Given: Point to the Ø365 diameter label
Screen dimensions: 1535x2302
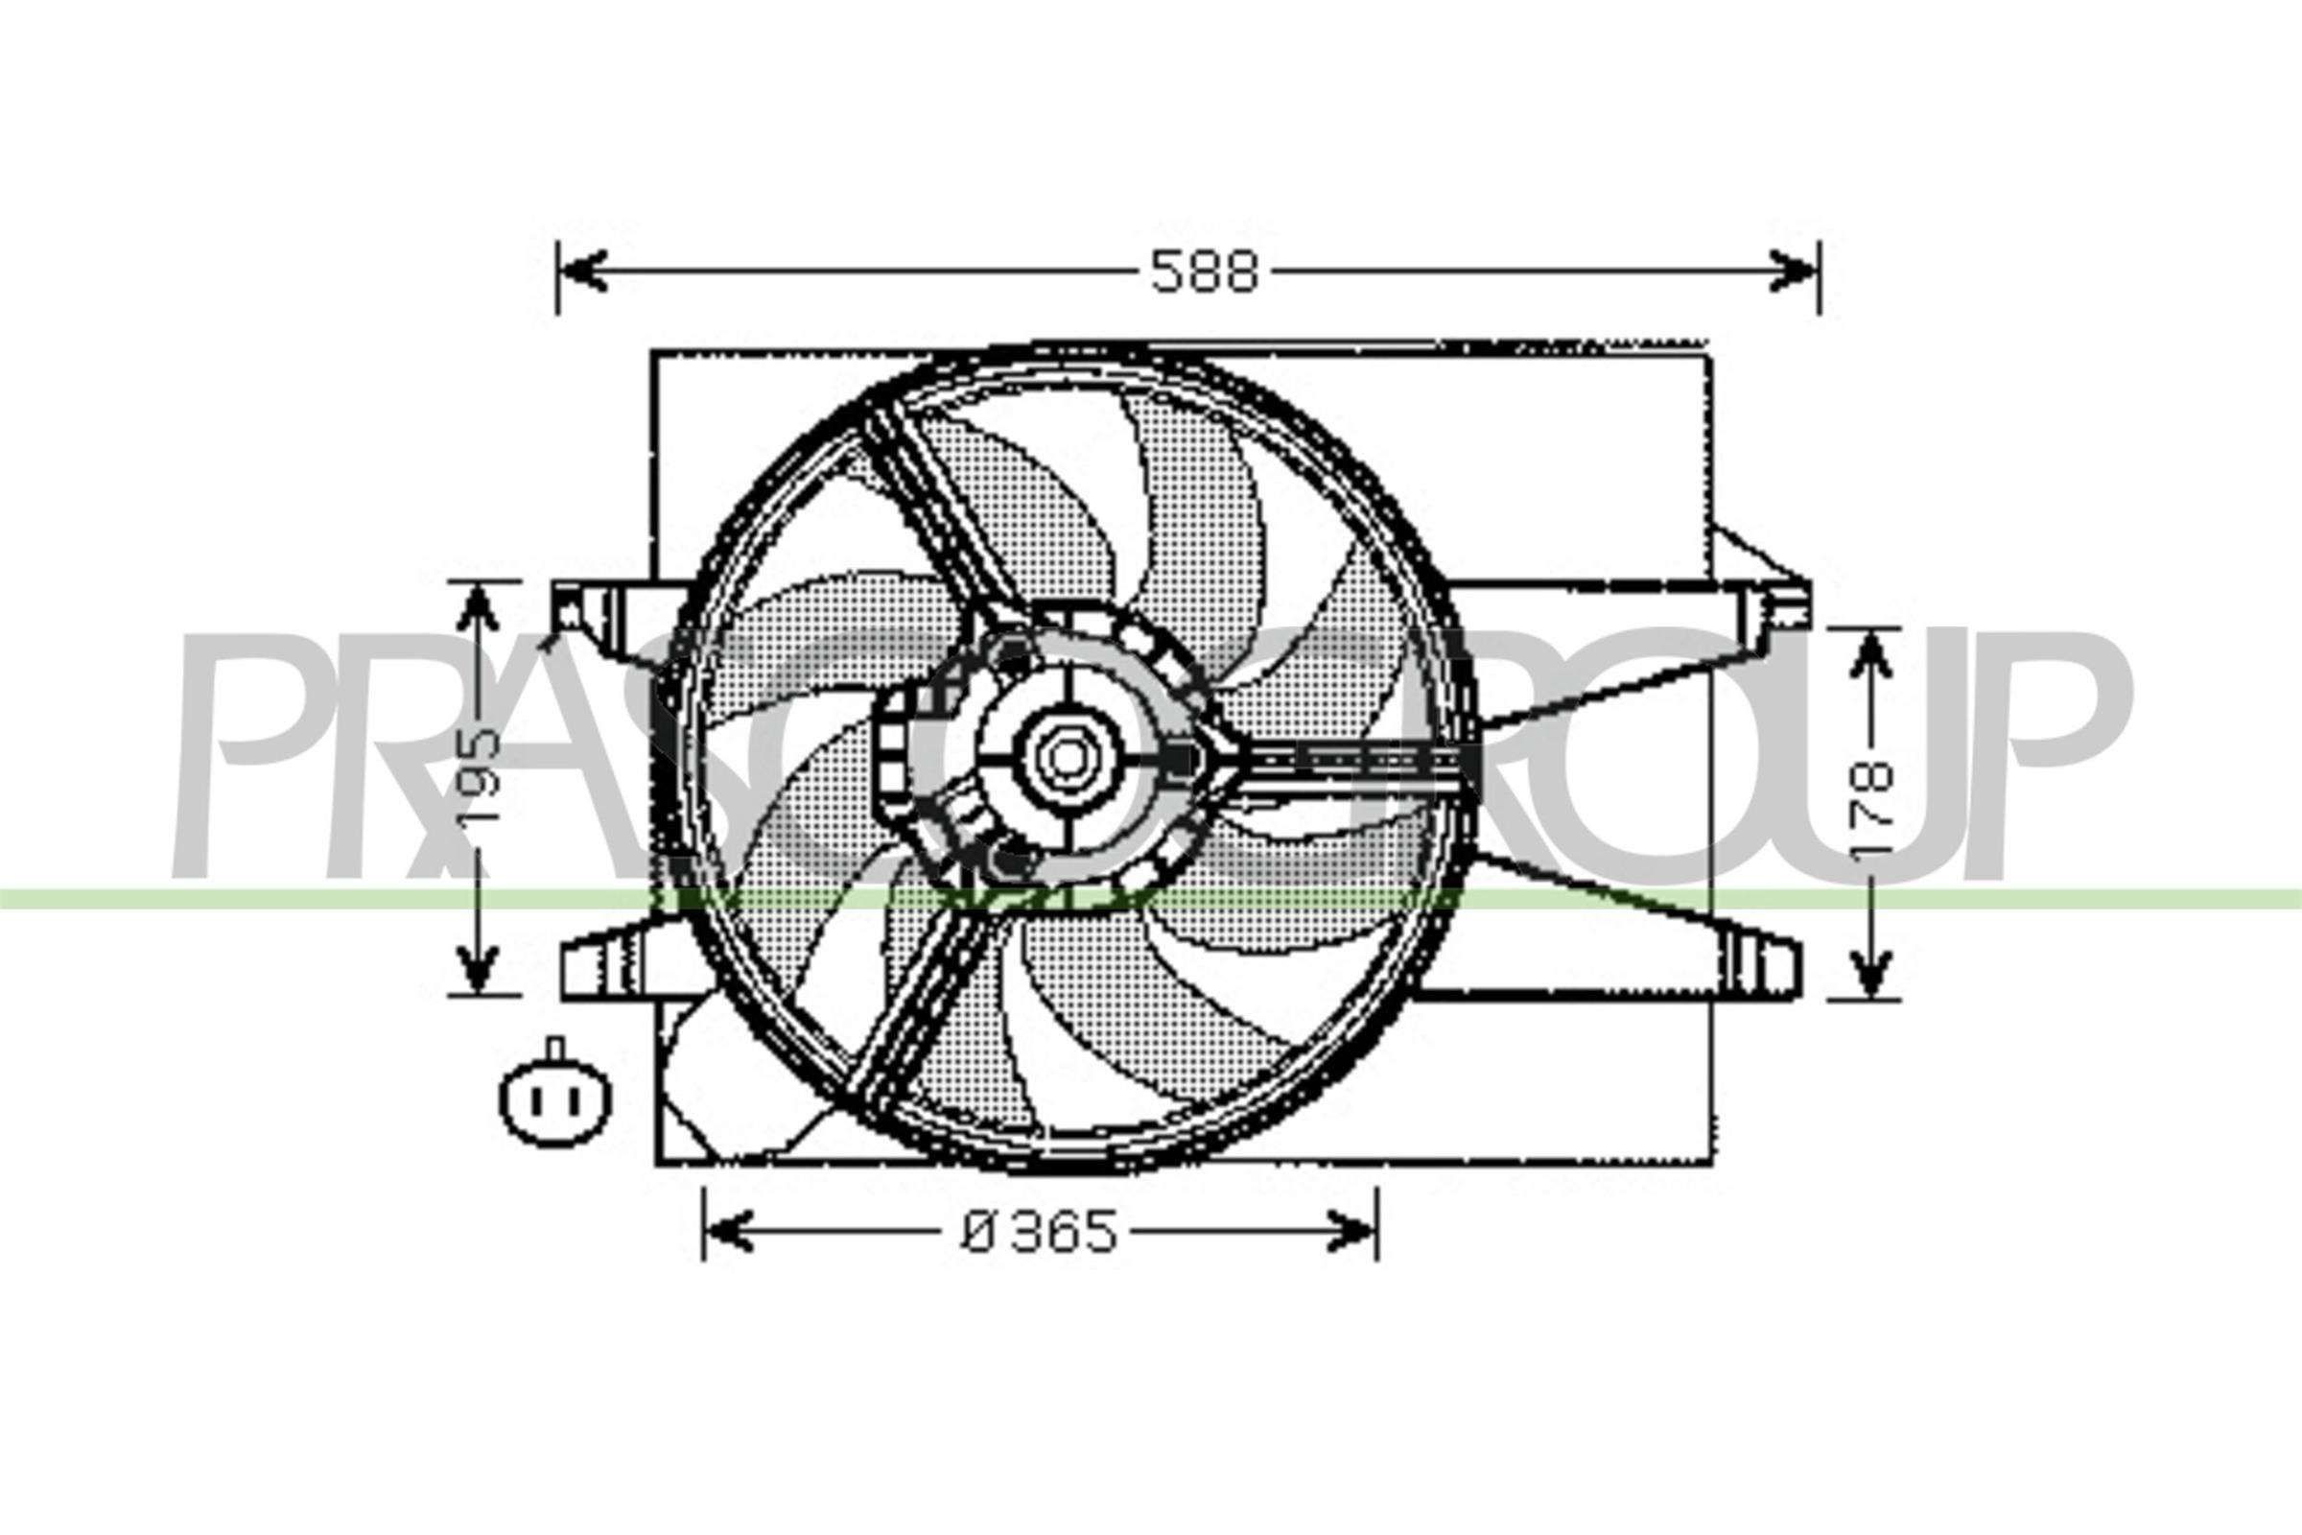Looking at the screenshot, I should pyautogui.click(x=1040, y=1233).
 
